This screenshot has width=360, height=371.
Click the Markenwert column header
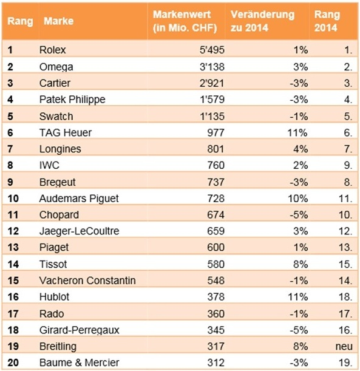coord(185,21)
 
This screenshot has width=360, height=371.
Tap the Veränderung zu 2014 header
coord(262,21)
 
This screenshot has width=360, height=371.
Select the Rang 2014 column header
coord(327,21)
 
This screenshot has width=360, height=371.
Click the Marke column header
coord(59,21)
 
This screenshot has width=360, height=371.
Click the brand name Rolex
coord(52,50)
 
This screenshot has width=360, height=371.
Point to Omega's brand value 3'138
coord(212,66)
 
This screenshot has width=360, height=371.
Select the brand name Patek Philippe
coord(72,100)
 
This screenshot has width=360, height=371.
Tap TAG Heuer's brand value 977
coord(216,132)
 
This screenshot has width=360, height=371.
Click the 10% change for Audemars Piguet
coord(298,199)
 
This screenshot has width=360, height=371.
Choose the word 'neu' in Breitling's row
coord(344,346)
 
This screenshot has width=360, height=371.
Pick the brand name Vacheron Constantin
coord(87,281)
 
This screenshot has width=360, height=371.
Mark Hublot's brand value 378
coord(216,297)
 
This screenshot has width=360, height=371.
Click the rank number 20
coord(13,362)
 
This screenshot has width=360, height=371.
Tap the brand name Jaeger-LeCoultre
coord(80,231)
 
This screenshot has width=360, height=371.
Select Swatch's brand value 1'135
coord(212,116)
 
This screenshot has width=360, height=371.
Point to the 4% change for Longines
coord(301,149)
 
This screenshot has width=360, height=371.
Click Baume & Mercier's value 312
coord(216,362)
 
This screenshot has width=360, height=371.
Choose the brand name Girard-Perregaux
coord(80,330)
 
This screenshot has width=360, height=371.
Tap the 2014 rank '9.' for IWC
coord(348,165)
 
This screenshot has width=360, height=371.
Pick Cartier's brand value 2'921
coord(212,83)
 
